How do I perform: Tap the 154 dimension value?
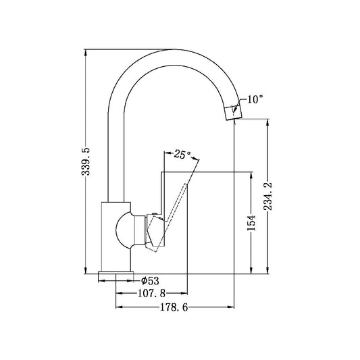[x=251, y=223]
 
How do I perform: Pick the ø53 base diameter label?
[x=149, y=280]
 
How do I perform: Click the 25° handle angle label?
[x=182, y=154]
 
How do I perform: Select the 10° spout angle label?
[x=255, y=99]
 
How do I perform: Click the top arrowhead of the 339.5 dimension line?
[x=85, y=53]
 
